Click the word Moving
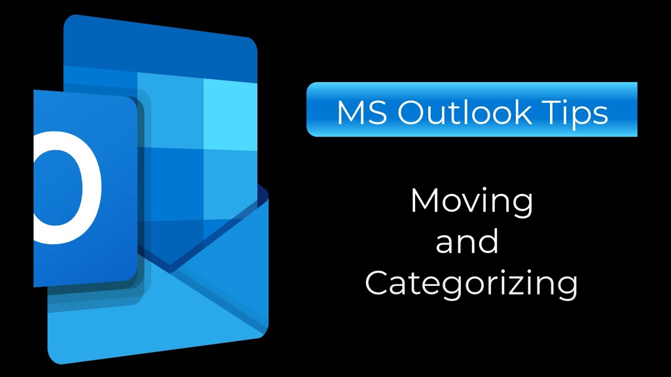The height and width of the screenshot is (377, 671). tap(471, 202)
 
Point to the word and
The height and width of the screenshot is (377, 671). tap(467, 241)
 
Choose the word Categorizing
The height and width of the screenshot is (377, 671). tap(471, 284)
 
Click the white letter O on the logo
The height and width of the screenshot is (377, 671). tap(68, 187)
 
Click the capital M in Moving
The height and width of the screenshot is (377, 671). tap(424, 200)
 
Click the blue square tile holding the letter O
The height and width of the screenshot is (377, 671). tap(84, 188)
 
